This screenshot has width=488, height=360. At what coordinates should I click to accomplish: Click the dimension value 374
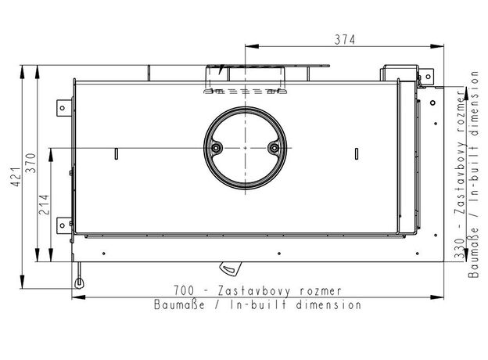(x=345, y=40)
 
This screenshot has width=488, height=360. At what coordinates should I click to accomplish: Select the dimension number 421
(x=16, y=177)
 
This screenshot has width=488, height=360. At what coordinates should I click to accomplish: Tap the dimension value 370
(x=31, y=163)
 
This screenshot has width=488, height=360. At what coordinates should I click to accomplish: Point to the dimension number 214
(x=44, y=204)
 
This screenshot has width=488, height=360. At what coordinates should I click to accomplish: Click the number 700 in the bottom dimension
(x=184, y=290)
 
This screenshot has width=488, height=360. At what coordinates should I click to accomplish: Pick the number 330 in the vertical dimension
(x=460, y=248)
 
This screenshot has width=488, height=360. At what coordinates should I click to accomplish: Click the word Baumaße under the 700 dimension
(x=180, y=304)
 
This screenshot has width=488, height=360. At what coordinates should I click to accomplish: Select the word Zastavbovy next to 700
(x=255, y=291)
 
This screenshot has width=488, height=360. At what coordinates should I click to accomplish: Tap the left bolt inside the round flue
(x=216, y=148)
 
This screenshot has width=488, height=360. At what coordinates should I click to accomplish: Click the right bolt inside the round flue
(x=274, y=148)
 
